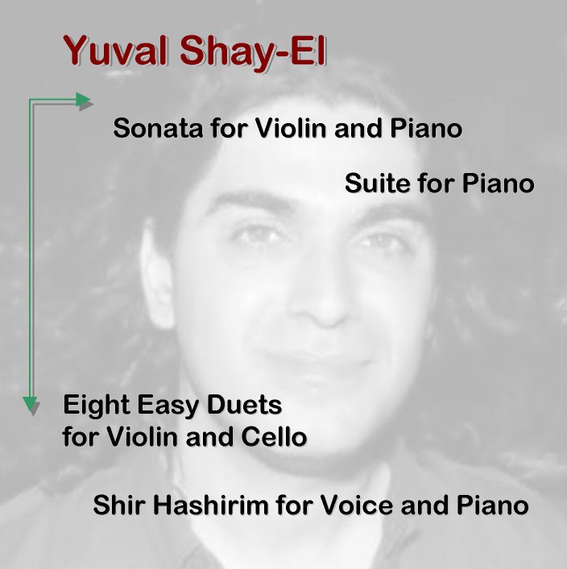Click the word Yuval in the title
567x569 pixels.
pyautogui.click(x=115, y=50)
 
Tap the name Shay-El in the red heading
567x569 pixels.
pyautogui.click(x=253, y=52)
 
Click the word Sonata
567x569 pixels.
pyautogui.click(x=158, y=129)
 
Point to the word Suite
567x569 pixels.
pyautogui.click(x=378, y=183)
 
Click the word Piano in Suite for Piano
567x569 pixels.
pyautogui.click(x=498, y=183)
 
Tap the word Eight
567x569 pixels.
pyautogui.click(x=97, y=406)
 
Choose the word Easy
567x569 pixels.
pyautogui.click(x=168, y=406)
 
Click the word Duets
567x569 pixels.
pyautogui.click(x=244, y=405)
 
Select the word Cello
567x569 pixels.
pyautogui.click(x=274, y=436)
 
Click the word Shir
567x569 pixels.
pyautogui.click(x=118, y=505)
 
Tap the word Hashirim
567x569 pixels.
pyautogui.click(x=210, y=505)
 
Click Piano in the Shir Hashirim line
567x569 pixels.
pyautogui.click(x=493, y=505)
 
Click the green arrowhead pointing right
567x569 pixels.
pyautogui.click(x=83, y=100)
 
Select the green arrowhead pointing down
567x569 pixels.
pyautogui.click(x=30, y=404)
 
